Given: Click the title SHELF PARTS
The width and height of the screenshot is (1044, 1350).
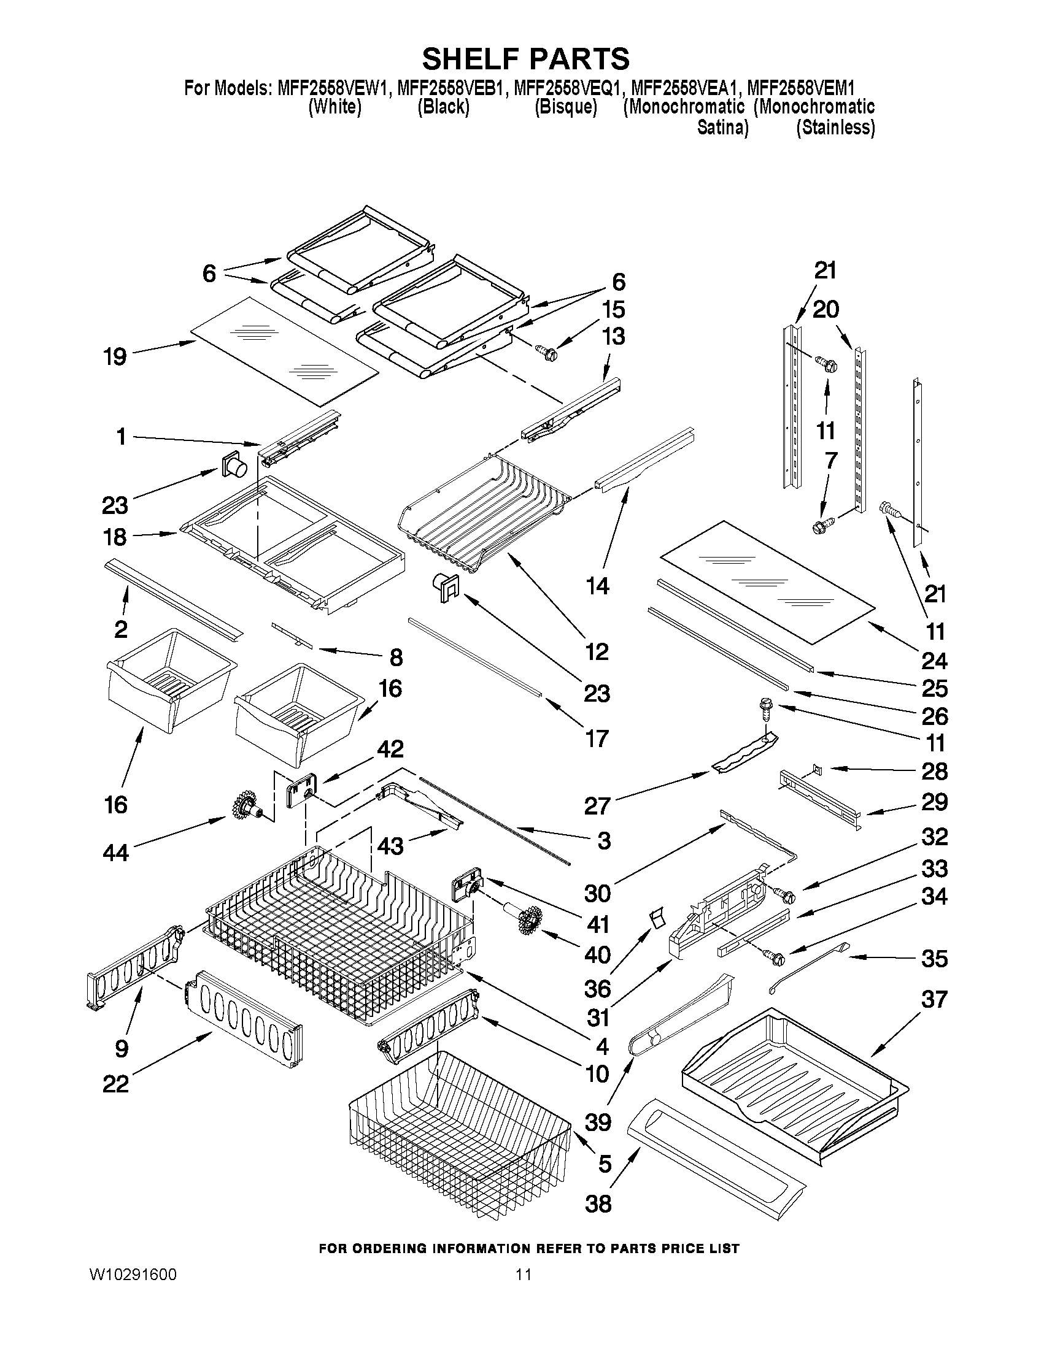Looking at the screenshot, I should click(x=525, y=59).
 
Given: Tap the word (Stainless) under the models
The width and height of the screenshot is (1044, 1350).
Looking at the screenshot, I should click(x=835, y=128).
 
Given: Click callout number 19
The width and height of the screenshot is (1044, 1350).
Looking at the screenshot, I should click(x=115, y=356).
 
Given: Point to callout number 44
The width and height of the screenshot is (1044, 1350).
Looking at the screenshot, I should click(x=115, y=853).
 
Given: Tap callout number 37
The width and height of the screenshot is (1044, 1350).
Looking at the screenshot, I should click(x=934, y=999).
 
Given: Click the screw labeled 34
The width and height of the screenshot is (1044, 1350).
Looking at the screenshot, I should click(x=776, y=959).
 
